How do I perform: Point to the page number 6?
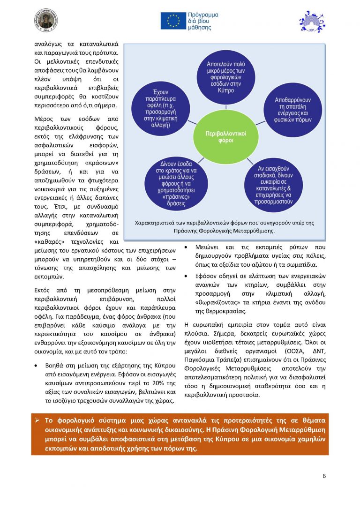324,476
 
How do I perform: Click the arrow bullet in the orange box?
37,419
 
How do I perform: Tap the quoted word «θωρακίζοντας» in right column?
213,302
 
